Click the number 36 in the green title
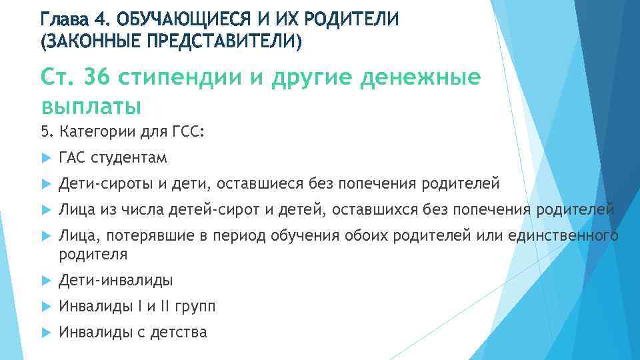tap(97, 78)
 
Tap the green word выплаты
tap(91, 106)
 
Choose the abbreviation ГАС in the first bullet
tap(73, 158)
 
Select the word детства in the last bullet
tap(179, 332)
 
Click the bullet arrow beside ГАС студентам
tap(45, 158)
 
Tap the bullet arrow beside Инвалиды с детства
tap(45, 332)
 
